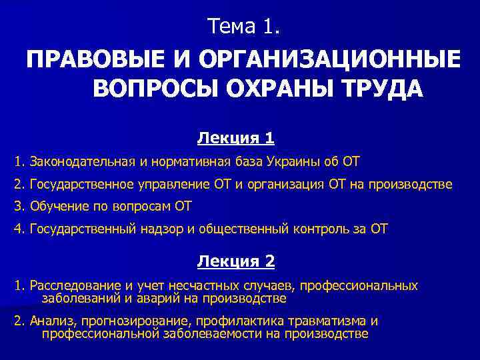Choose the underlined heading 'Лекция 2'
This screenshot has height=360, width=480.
pyautogui.click(x=236, y=261)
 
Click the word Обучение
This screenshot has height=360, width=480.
pyautogui.click(x=55, y=206)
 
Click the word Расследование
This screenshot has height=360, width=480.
pyautogui.click(x=72, y=286)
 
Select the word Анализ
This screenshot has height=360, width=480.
pyautogui.click(x=50, y=321)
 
